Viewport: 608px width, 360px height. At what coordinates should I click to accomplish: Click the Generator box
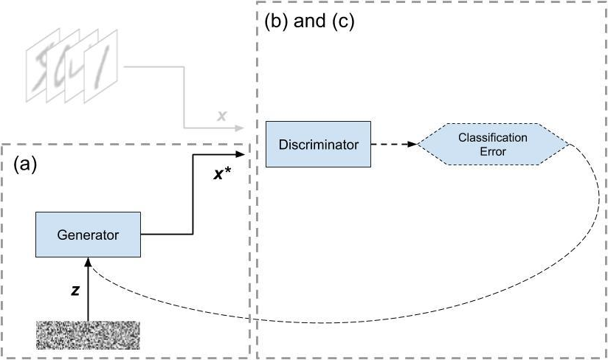coord(88,235)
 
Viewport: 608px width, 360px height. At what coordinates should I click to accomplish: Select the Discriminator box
coord(318,145)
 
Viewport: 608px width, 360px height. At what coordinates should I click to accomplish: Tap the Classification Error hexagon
coord(493,145)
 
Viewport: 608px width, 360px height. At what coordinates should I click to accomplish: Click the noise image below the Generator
coord(88,335)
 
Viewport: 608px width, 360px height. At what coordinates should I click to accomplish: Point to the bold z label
coord(75,291)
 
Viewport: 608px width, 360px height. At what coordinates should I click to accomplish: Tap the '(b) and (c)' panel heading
coord(310,22)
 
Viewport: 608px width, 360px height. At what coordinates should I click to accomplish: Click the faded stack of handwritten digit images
coord(74,72)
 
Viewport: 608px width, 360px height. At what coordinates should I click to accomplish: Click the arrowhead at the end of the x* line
coord(239,154)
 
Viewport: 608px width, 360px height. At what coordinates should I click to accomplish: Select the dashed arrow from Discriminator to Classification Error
coord(393,145)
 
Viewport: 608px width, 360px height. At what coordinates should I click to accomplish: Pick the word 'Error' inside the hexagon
coord(493,151)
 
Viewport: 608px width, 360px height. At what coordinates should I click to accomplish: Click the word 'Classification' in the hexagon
coord(493,138)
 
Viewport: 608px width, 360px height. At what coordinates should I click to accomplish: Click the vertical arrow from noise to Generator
coord(88,291)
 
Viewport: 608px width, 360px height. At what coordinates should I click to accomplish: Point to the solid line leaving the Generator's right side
coord(166,235)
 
